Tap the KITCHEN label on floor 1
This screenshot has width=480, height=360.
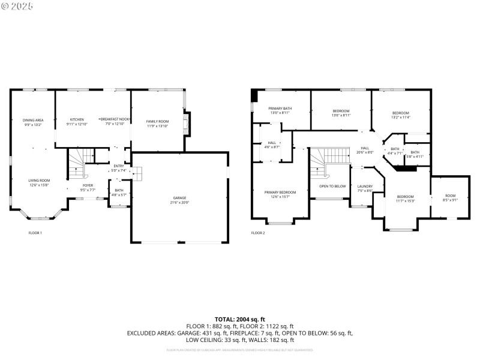pyautogui.click(x=77, y=119)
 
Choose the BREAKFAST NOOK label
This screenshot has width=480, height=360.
pyautogui.click(x=115, y=119)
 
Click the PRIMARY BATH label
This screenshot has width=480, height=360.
pyautogui.click(x=280, y=109)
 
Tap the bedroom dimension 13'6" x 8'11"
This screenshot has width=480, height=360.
pyautogui.click(x=341, y=115)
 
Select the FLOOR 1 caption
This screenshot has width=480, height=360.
pyautogui.click(x=35, y=233)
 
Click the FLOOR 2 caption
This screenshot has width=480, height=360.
pyautogui.click(x=258, y=233)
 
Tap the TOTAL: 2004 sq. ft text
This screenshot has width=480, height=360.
pyautogui.click(x=240, y=319)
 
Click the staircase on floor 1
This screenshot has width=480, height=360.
pyautogui.click(x=77, y=161)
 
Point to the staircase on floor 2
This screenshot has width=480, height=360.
pyautogui.click(x=328, y=159)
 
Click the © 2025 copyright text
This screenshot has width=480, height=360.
pyautogui.click(x=18, y=5)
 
